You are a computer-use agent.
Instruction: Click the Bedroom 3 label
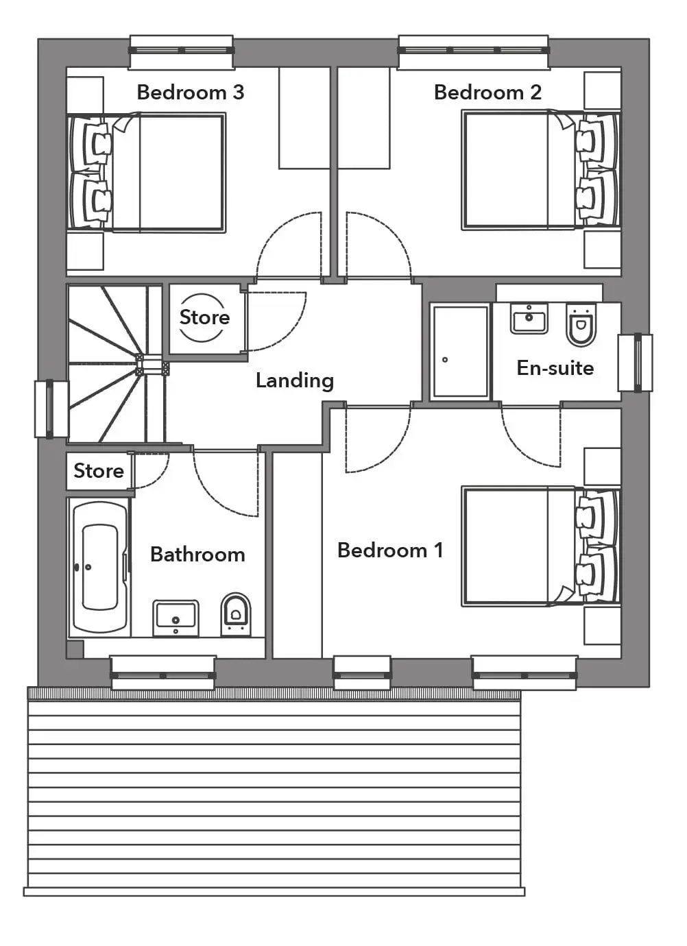tap(191, 93)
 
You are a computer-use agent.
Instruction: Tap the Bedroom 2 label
tap(487, 93)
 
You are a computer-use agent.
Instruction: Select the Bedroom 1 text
tap(390, 550)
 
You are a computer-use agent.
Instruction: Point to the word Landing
tap(295, 380)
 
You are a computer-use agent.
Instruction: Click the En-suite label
tap(555, 368)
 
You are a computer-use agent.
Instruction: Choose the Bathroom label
tap(197, 555)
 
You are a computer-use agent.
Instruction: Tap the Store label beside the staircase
tap(204, 317)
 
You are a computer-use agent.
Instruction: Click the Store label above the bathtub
tap(99, 470)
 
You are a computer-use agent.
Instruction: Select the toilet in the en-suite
tap(581, 324)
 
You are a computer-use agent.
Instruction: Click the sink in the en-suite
tap(529, 318)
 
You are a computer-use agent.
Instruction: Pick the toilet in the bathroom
tap(236, 616)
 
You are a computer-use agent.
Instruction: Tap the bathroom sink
tap(176, 618)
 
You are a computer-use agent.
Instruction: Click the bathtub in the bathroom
tap(99, 567)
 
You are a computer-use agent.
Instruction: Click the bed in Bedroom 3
tap(146, 172)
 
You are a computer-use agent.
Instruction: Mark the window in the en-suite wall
tap(636, 363)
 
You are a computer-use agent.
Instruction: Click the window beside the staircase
tap(51, 409)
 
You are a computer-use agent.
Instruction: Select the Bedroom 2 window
tap(474, 51)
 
